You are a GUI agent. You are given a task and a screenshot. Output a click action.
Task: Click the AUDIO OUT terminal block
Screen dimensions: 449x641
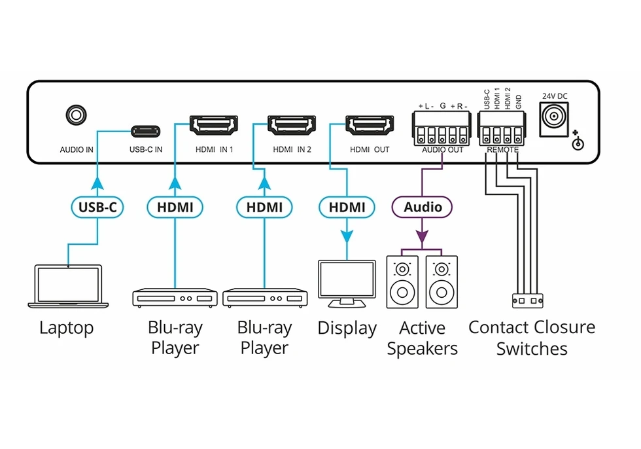pos(442,128)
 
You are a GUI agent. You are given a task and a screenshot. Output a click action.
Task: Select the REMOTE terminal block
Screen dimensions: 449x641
pos(502,128)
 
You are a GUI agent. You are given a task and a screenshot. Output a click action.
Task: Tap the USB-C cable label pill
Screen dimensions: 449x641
pos(97,207)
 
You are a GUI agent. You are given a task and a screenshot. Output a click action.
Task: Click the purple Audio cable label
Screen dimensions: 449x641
pos(422,207)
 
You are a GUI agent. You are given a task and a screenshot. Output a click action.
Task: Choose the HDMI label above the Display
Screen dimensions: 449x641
pos(347,207)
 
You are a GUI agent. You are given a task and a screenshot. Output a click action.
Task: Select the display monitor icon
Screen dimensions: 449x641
pos(347,283)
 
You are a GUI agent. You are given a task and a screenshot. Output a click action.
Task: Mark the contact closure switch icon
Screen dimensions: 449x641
pos(527,301)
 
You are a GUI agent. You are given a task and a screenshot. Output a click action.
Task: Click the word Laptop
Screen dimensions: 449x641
pos(66,328)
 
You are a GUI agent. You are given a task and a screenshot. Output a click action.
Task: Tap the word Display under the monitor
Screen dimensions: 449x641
pos(347,328)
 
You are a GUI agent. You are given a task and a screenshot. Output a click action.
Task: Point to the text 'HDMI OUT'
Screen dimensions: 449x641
pos(370,150)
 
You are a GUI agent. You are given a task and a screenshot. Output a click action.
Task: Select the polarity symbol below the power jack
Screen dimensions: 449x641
pos(577,142)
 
